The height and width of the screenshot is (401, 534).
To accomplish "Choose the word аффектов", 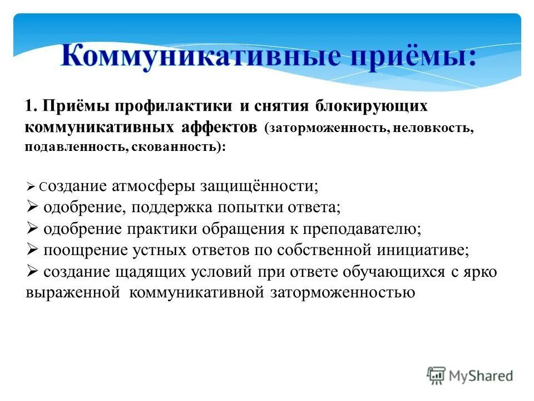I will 219,126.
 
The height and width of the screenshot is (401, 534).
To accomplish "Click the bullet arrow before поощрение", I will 31,250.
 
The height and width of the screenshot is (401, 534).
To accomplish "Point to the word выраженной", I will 73,293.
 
